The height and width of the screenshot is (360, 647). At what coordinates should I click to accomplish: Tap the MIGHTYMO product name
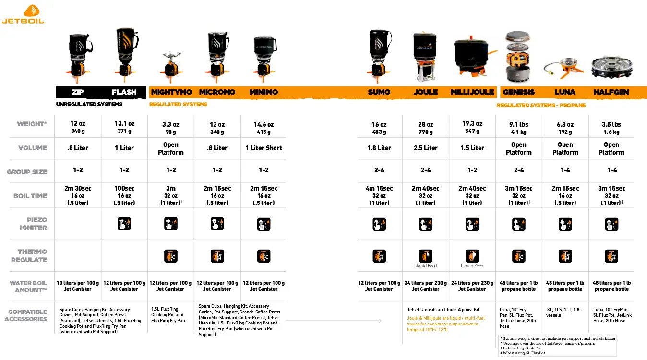pos(171,92)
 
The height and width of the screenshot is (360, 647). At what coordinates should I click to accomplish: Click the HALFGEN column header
pos(611,92)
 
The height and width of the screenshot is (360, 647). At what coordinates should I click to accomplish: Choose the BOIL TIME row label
pos(30,196)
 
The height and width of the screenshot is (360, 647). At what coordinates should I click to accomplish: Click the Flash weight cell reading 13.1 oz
pos(124,127)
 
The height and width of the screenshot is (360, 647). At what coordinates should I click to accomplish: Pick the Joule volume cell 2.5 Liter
pos(426,148)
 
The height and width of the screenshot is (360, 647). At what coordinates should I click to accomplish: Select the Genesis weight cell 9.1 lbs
pos(518,127)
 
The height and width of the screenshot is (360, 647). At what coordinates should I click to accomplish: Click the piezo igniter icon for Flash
pos(124,224)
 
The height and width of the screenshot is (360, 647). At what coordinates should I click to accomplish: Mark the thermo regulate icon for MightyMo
pos(171,256)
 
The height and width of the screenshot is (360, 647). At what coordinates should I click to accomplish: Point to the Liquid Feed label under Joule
pos(426,266)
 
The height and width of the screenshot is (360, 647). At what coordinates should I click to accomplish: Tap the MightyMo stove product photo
pos(171,64)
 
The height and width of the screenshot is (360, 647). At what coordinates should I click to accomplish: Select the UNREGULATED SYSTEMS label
pos(89,104)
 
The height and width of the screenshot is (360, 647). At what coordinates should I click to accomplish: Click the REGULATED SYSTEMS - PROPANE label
pos(541,105)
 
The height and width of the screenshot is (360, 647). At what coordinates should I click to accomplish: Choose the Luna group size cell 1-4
pos(565,170)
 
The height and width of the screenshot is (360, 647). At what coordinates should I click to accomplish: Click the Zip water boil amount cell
pos(78,286)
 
